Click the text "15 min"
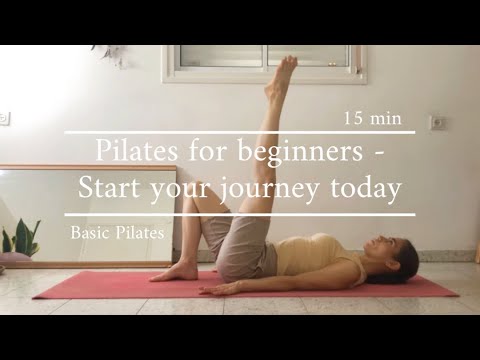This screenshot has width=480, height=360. point(372,118)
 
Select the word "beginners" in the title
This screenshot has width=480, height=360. point(301,152)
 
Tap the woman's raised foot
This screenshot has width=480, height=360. point(287,70)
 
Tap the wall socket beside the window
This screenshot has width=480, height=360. point(437,122)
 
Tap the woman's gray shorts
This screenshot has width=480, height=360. point(241,251)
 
